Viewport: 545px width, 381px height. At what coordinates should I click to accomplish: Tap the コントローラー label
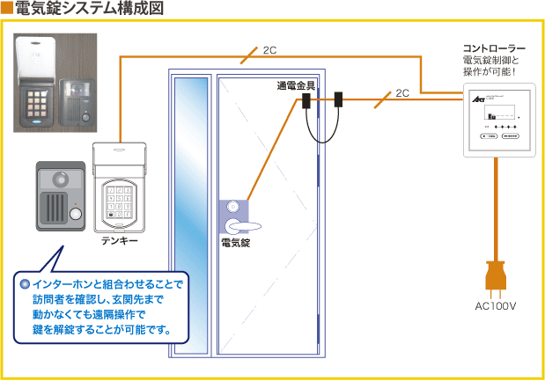pyautogui.click(x=494, y=48)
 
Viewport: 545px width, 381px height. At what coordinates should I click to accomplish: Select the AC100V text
pyautogui.click(x=495, y=307)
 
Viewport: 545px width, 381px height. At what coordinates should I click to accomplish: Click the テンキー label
pyautogui.click(x=119, y=239)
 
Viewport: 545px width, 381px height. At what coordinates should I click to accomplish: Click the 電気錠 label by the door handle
pyautogui.click(x=236, y=243)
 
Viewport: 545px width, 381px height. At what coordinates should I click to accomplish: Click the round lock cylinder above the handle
pyautogui.click(x=232, y=208)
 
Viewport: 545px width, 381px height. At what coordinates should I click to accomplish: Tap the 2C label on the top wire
pyautogui.click(x=269, y=50)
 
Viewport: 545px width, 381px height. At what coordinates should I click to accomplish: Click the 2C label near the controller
pyautogui.click(x=401, y=92)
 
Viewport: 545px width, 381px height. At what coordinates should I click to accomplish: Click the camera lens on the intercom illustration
pyautogui.click(x=62, y=180)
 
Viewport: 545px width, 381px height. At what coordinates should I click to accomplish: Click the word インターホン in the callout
pyautogui.click(x=61, y=285)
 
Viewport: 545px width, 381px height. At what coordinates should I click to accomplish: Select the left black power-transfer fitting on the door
pyautogui.click(x=306, y=102)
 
